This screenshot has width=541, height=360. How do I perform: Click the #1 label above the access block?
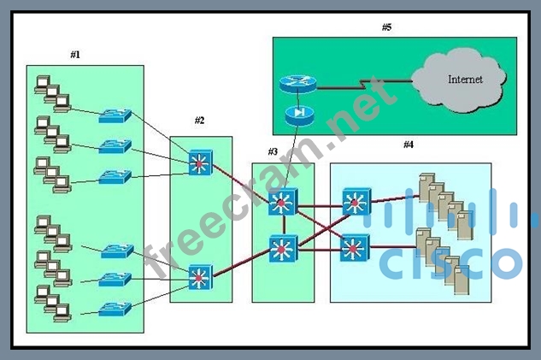(x=75, y=55)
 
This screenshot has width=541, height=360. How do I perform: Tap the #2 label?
(x=199, y=121)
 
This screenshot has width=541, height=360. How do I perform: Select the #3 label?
(x=273, y=151)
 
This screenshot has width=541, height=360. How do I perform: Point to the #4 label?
(x=409, y=145)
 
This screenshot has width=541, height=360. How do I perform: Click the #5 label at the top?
(x=386, y=27)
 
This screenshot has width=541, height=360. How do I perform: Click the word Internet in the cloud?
(x=465, y=80)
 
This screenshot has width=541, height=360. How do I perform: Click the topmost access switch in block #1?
(x=115, y=114)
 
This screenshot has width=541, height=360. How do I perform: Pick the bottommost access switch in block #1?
(x=115, y=308)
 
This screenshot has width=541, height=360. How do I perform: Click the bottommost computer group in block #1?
(x=51, y=304)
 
